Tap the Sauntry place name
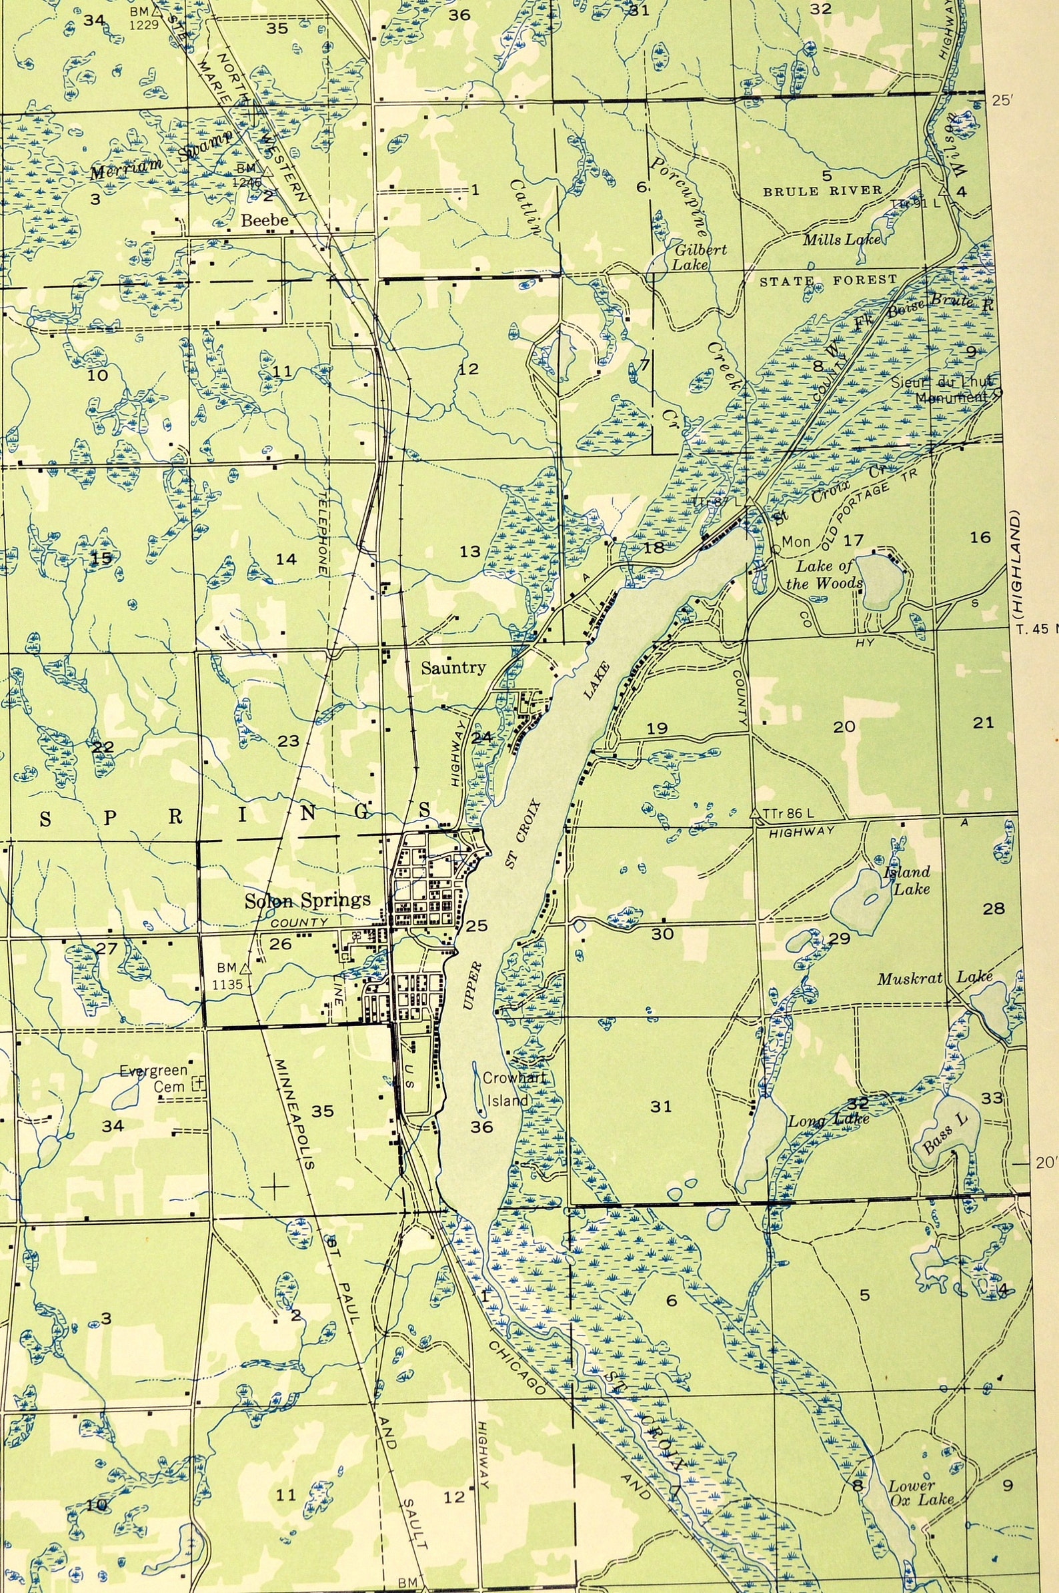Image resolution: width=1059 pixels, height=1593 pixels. coord(453,668)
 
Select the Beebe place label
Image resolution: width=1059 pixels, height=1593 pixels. coord(265,220)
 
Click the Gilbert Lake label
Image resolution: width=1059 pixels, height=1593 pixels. coord(699,257)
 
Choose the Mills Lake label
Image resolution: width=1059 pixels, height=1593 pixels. coord(842,239)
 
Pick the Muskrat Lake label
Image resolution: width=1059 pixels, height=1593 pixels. coord(934,977)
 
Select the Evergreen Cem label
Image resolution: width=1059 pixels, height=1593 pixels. coord(153,1079)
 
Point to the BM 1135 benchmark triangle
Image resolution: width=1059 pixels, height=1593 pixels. coord(247,968)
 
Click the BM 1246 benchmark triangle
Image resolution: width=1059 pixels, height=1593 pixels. coord(266,171)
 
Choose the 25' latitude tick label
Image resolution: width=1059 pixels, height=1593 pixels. coord(1002,101)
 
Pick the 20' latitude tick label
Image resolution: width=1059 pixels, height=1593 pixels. coord(1044,1163)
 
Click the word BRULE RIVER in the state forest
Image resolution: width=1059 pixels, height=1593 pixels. coord(822,191)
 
